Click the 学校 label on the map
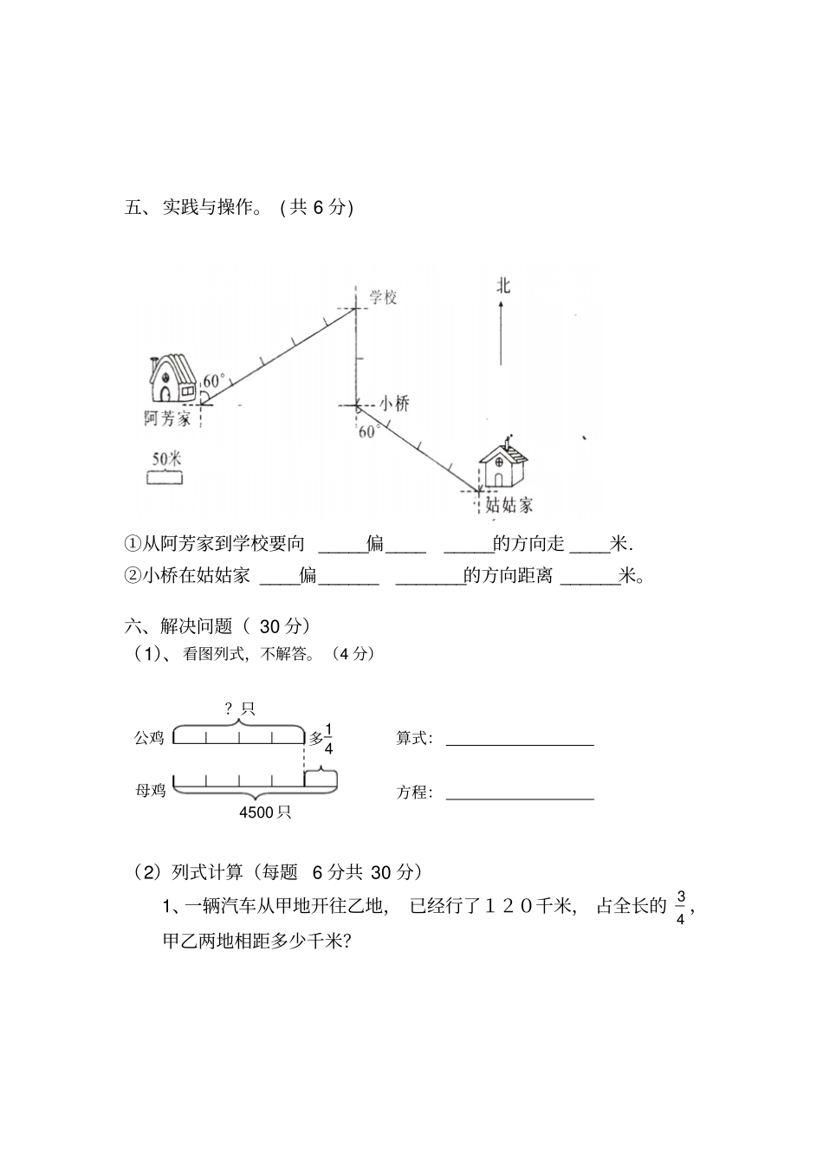(383, 297)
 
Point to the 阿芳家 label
(167, 419)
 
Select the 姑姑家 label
(509, 505)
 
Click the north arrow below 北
(502, 333)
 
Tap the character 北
(502, 285)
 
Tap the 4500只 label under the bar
(265, 812)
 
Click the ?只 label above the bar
(240, 709)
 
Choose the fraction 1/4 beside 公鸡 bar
(328, 737)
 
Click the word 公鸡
(149, 738)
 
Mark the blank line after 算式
(520, 742)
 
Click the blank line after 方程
(520, 797)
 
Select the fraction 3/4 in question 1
(680, 907)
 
